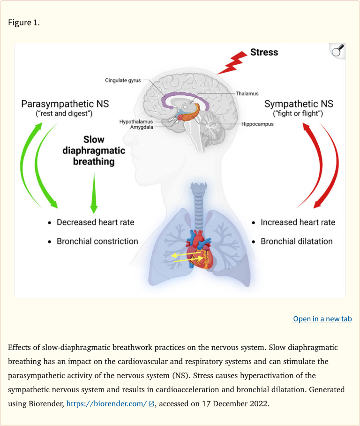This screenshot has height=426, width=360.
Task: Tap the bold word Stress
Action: [264, 53]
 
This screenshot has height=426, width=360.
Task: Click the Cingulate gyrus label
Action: [122, 81]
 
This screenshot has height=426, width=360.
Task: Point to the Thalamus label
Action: [247, 94]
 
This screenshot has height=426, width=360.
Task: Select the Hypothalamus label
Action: [136, 122]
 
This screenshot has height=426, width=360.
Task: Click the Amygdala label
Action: [142, 127]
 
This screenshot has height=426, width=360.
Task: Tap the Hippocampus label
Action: [257, 124]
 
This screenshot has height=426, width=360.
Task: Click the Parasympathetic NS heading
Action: [65, 103]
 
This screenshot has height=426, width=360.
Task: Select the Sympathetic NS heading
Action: [299, 104]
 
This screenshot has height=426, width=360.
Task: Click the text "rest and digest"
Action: [65, 114]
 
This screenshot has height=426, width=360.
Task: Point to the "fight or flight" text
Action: [298, 114]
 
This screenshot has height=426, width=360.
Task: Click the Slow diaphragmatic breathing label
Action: [94, 151]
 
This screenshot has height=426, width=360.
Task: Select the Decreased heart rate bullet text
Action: [95, 222]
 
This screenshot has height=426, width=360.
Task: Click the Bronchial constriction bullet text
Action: [97, 241]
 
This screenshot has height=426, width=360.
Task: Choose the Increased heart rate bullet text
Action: [298, 222]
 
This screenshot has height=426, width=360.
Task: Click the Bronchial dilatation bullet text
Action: [297, 241]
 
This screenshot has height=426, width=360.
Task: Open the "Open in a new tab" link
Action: [322, 319]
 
